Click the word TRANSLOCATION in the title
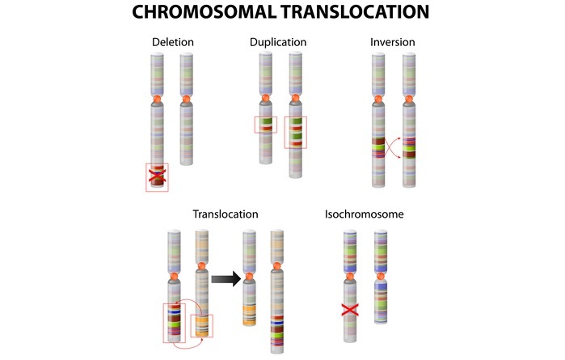[x=363, y=13]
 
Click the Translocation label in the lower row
[x=226, y=214]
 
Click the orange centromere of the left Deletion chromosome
[x=158, y=100]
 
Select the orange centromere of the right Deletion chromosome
[x=188, y=100]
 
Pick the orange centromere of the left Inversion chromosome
[x=378, y=100]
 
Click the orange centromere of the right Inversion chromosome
[x=409, y=100]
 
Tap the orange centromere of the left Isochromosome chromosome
[x=349, y=276]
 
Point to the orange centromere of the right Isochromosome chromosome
[x=380, y=276]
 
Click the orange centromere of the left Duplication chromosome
[x=265, y=100]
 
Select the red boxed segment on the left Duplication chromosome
[x=265, y=125]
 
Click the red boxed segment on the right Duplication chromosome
[x=296, y=132]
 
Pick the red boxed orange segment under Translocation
[x=200, y=326]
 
